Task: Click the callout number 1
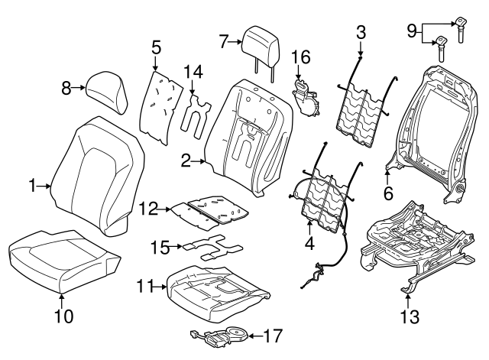33,184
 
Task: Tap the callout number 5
156,47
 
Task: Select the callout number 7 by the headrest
223,42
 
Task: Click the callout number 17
273,335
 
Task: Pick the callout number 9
411,31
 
